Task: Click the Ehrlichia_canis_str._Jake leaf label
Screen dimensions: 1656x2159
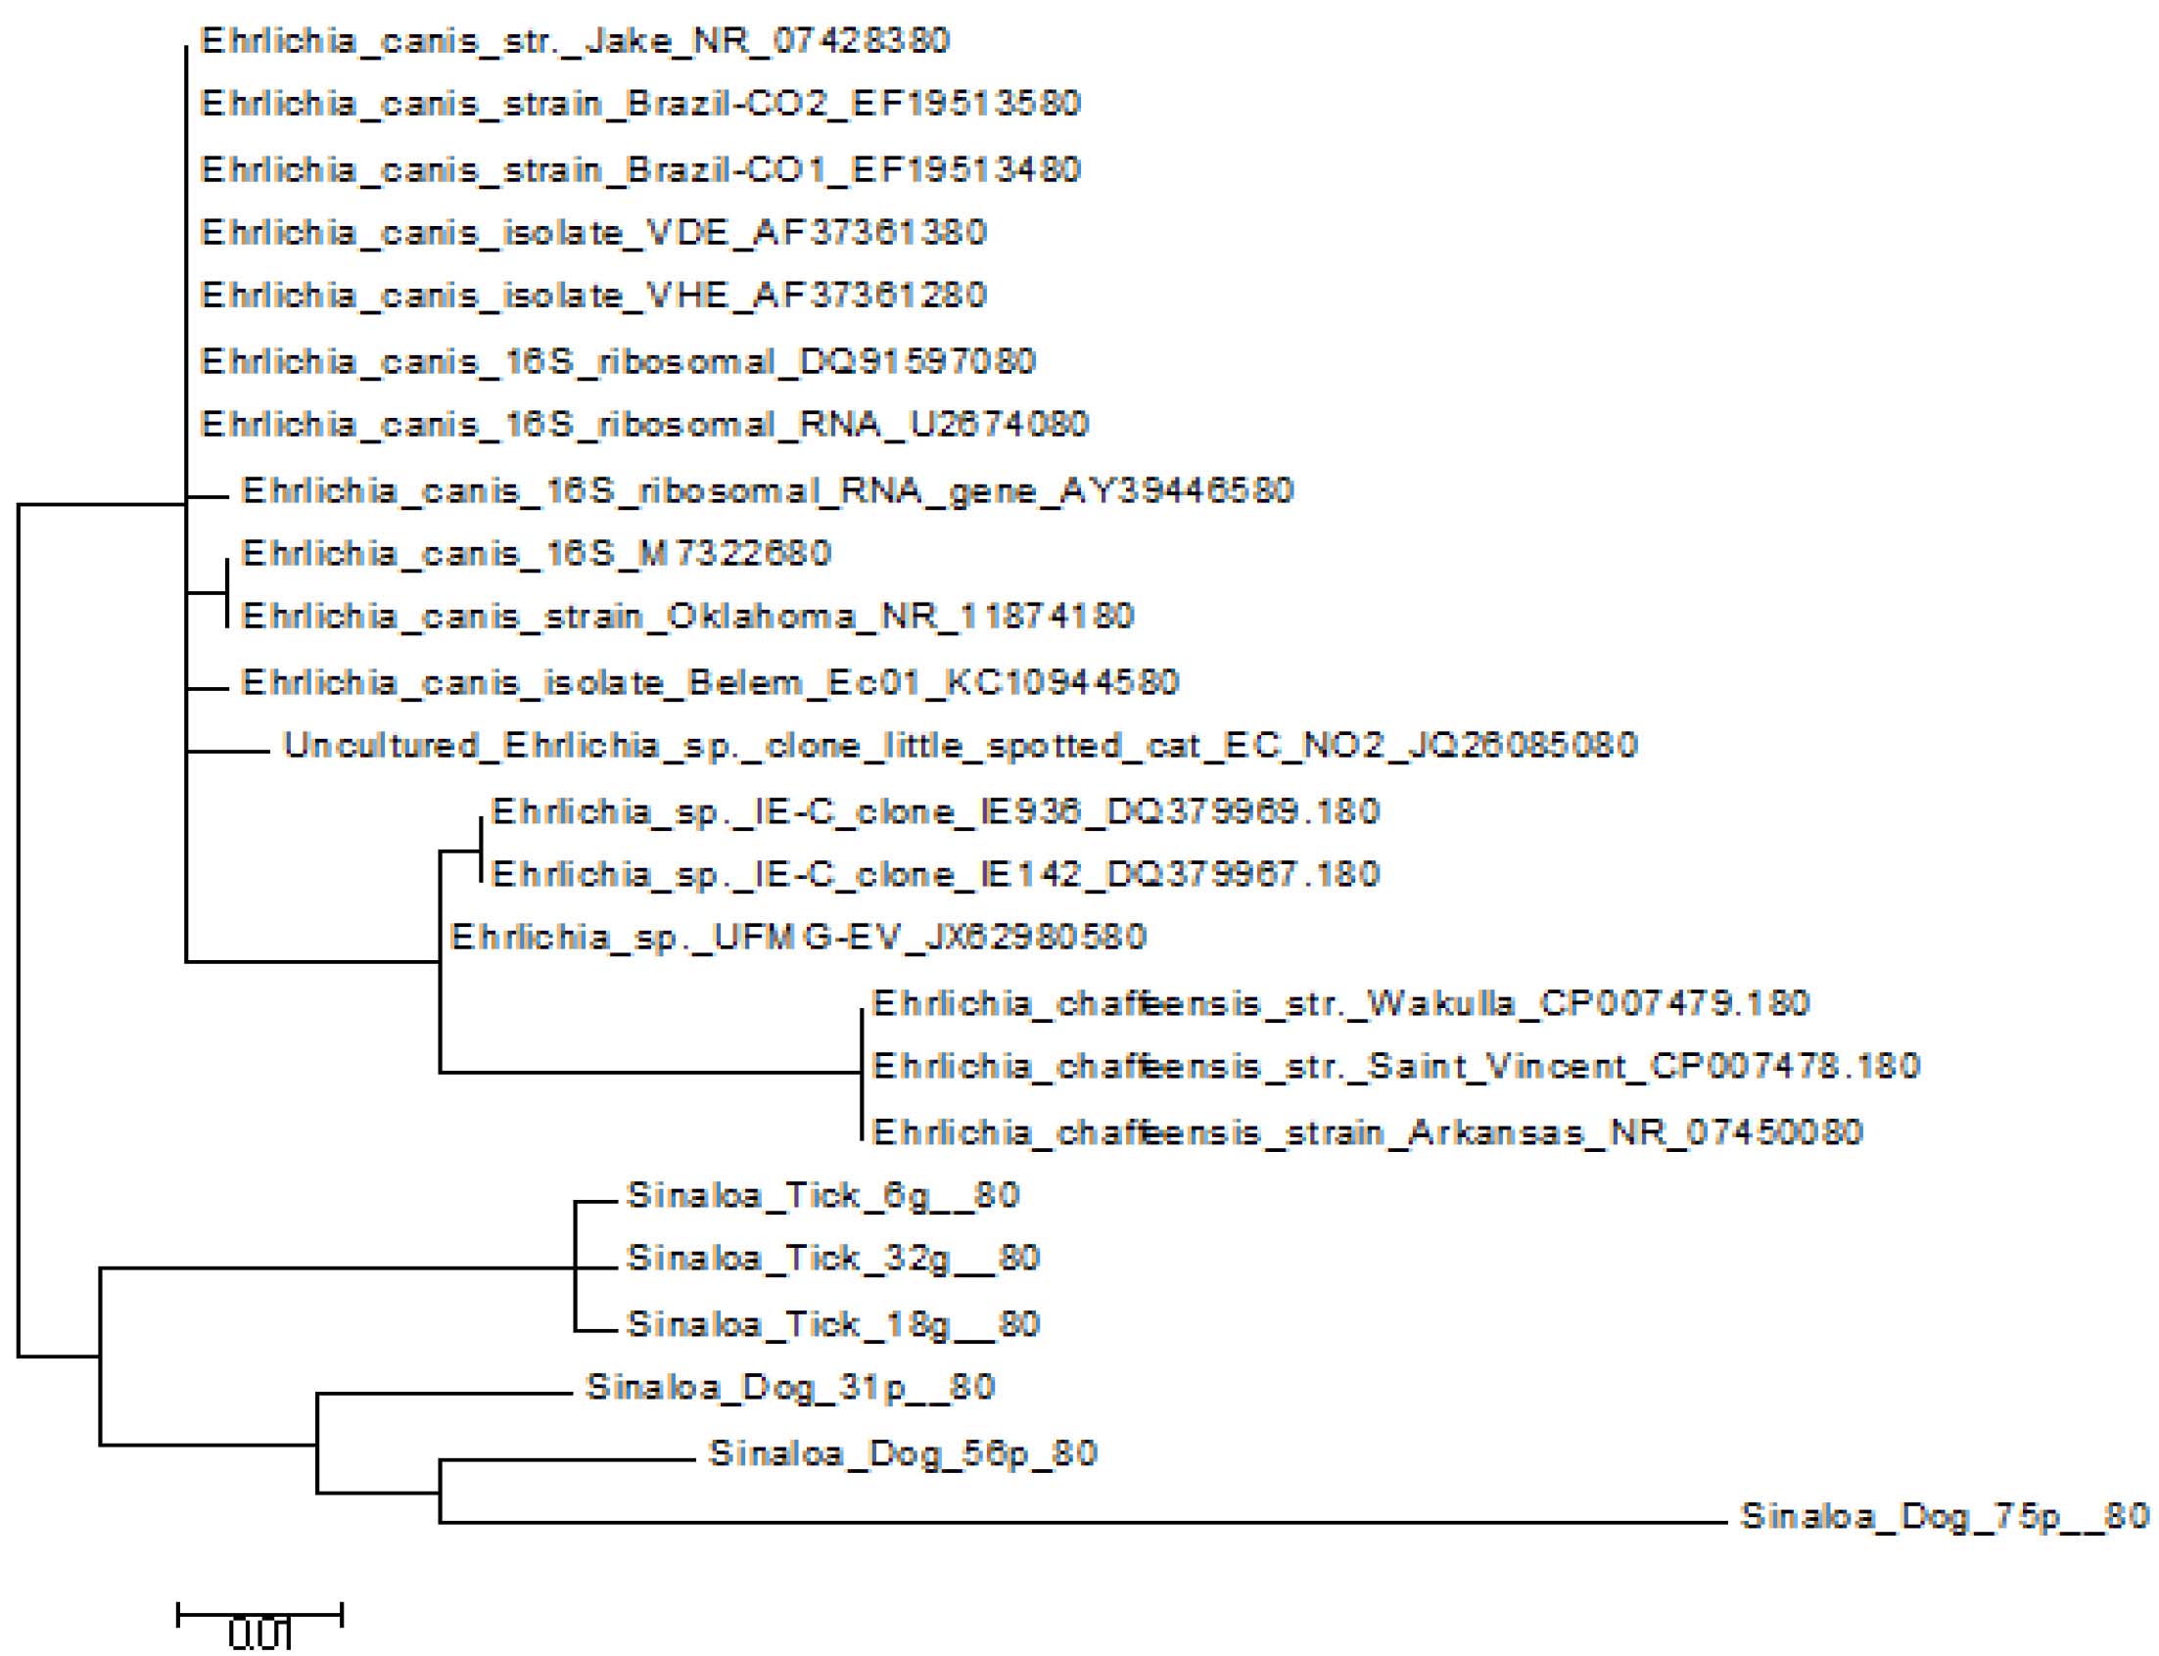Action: pos(575,41)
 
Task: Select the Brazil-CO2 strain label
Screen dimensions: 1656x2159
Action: pos(640,105)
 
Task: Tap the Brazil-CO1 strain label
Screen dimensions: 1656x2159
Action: pos(640,169)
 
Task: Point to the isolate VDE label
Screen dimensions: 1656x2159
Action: pos(593,234)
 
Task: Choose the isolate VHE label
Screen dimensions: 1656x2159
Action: pos(593,296)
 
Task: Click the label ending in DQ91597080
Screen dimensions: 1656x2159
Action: pos(618,362)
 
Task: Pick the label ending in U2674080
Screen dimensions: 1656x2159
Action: pos(644,425)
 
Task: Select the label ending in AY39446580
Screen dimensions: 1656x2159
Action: pos(767,491)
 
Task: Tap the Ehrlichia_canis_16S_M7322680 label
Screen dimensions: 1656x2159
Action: pos(537,554)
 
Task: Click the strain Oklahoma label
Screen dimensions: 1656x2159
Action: pos(688,617)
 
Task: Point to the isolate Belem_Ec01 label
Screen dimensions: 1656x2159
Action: pos(710,682)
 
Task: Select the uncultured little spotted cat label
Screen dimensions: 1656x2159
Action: pos(961,745)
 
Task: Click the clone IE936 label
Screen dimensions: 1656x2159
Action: pos(934,812)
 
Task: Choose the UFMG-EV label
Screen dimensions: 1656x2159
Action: pos(799,937)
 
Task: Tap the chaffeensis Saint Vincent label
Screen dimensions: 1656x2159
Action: pos(1396,1067)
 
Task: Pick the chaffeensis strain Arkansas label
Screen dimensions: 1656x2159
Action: pos(1367,1131)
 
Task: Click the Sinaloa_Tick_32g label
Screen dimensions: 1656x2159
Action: pos(833,1259)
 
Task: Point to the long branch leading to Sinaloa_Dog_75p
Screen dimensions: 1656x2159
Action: pos(1085,1523)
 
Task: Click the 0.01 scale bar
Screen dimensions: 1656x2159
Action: pos(259,1615)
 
